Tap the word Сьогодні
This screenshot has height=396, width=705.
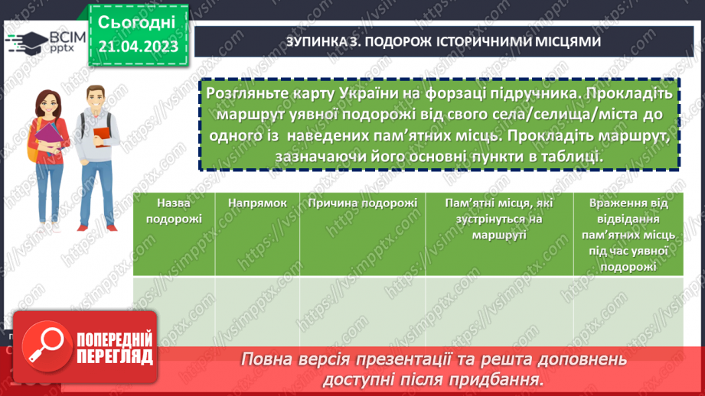click(137, 21)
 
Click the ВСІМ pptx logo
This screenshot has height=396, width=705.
click(42, 42)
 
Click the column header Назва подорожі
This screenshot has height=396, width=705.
click(173, 210)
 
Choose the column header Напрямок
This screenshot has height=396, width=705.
click(256, 203)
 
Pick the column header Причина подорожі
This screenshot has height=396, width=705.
click(362, 203)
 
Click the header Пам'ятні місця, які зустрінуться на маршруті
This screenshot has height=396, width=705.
click(499, 219)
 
